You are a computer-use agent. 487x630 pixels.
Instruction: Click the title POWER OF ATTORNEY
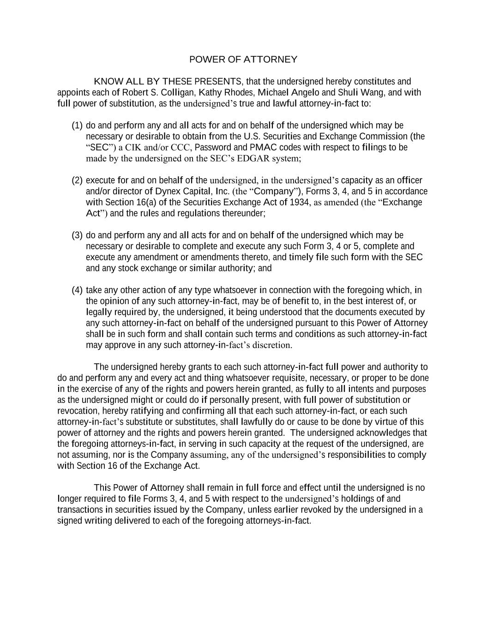pos(243,60)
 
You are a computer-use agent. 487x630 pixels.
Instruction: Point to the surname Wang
pos(375,92)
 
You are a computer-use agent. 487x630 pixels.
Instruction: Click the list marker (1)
pos(77,126)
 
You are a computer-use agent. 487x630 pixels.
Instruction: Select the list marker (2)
pos(77,180)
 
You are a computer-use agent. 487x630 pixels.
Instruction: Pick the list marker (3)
pos(77,235)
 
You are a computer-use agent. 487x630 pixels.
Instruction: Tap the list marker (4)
pos(77,290)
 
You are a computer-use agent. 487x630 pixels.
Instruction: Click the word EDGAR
pos(253,159)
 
